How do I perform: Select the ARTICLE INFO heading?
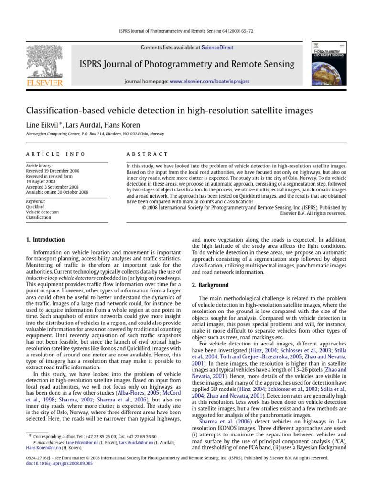tap(55, 154)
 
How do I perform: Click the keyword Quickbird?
tap(36, 207)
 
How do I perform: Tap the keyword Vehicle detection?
tap(43, 212)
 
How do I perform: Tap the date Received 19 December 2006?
tap(53, 171)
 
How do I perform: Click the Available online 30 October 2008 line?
tap(57, 192)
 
